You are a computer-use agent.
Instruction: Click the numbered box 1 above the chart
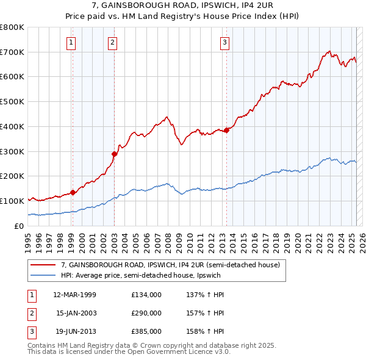pyautogui.click(x=71, y=42)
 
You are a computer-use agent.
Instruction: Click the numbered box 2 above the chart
pyautogui.click(x=113, y=42)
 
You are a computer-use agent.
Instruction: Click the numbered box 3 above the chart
pyautogui.click(x=225, y=42)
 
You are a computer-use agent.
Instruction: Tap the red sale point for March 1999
pyautogui.click(x=73, y=192)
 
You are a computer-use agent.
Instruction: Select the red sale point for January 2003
pyautogui.click(x=114, y=153)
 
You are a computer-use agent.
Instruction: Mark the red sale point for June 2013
pyautogui.click(x=226, y=129)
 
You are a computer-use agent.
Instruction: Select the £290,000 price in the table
pyautogui.click(x=146, y=313)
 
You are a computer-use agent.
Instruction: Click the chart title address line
pyautogui.click(x=183, y=7)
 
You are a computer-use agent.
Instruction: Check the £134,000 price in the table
pyautogui.click(x=146, y=295)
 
